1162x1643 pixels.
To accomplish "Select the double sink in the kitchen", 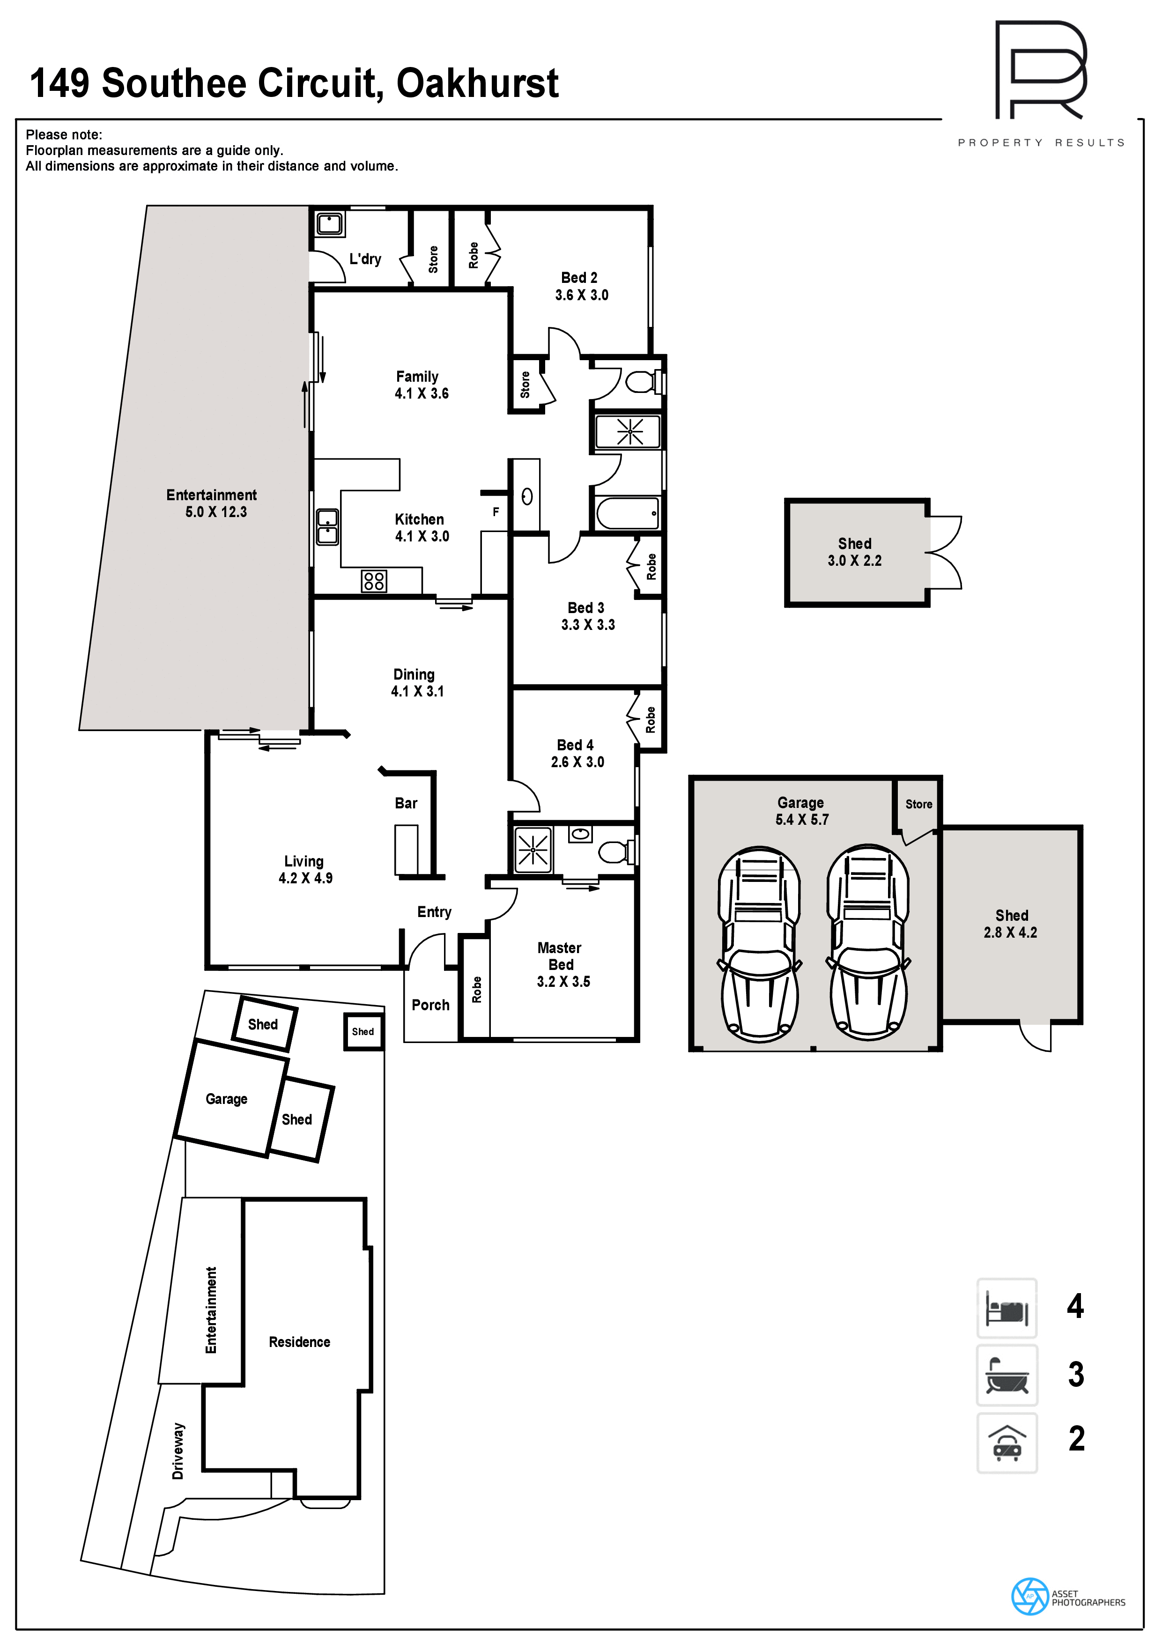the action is click(328, 527).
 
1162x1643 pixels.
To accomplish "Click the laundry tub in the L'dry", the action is click(329, 223).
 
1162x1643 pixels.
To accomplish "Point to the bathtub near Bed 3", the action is click(628, 513).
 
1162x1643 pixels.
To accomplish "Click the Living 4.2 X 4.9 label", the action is click(305, 869).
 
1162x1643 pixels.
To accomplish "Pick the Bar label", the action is click(406, 803).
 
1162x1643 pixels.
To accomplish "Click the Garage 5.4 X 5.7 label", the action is click(801, 811).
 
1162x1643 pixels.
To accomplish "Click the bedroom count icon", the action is click(1007, 1308).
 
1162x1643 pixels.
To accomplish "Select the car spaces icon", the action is click(1007, 1443).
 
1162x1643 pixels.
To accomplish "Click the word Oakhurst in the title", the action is click(477, 84).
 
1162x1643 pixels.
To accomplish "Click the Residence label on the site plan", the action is click(299, 1342).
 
